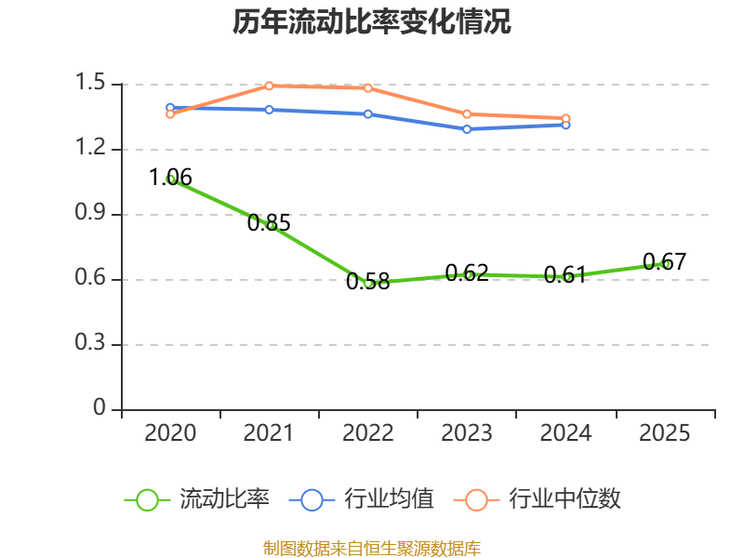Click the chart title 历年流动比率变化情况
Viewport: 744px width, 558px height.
372,22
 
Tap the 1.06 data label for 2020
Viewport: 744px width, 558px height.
171,177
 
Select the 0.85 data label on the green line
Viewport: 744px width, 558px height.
269,222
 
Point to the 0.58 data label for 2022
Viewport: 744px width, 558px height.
367,282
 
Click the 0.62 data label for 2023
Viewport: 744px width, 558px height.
467,272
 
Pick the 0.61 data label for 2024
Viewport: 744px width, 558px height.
565,274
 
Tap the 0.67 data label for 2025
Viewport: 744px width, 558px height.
664,261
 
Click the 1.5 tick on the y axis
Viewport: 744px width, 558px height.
90,85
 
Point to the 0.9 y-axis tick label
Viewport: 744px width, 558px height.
90,215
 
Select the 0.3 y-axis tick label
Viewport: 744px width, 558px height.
90,345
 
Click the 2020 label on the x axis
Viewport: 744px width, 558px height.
171,433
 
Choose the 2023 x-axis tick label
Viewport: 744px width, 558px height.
467,433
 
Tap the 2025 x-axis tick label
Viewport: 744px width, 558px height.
664,433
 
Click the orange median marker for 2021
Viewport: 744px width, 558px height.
269,86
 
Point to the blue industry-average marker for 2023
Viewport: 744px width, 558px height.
467,128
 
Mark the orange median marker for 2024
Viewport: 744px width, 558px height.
565,118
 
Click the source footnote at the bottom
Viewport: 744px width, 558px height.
372,548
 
